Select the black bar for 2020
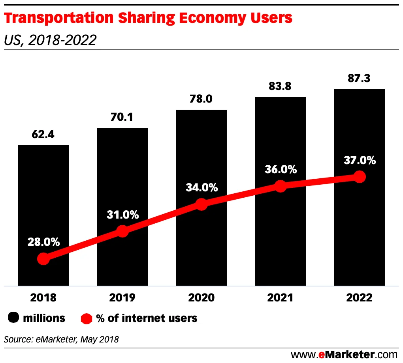[x=201, y=158]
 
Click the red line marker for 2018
[x=43, y=259]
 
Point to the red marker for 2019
[x=122, y=231]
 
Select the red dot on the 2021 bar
[x=280, y=186]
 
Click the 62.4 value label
[x=43, y=135]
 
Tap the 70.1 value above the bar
[x=122, y=117]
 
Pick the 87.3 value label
[x=359, y=79]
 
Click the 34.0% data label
[x=201, y=187]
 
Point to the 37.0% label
[x=359, y=161]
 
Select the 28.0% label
[x=43, y=242]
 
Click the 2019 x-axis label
[x=122, y=298]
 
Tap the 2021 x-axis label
[x=280, y=298]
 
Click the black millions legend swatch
[x=13, y=318]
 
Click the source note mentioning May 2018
[x=61, y=339]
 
